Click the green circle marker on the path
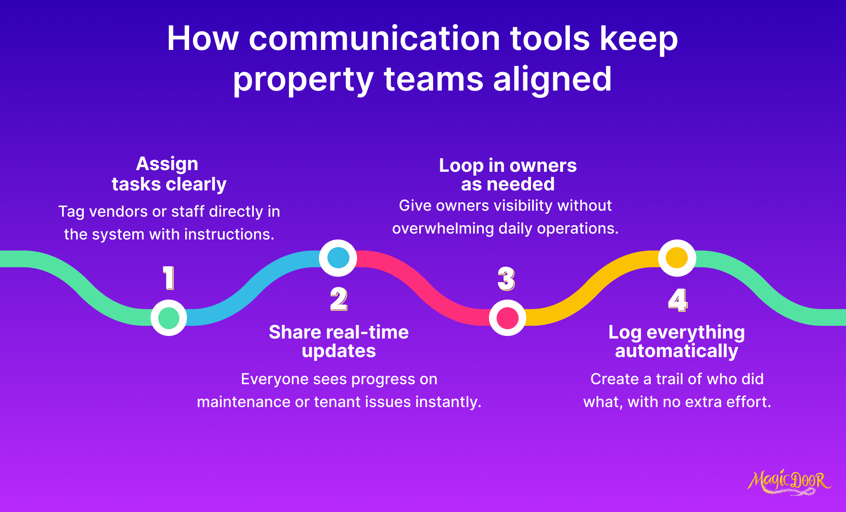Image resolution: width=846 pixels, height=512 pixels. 169,318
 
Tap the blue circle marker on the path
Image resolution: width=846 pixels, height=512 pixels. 338,258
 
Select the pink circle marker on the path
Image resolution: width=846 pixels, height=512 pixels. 508,318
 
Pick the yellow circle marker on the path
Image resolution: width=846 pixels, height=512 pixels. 677,258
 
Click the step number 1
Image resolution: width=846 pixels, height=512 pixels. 169,278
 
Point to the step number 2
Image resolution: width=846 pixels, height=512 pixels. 339,299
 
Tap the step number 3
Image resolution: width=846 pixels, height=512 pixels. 506,279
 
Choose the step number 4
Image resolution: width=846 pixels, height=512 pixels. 678,300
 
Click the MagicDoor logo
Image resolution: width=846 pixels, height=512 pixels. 789,482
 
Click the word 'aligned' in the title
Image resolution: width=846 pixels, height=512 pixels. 552,79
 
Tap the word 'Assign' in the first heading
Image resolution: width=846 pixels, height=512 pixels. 167,164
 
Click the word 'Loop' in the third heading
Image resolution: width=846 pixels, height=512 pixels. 461,166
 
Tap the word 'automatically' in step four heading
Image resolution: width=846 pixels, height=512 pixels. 677,351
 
